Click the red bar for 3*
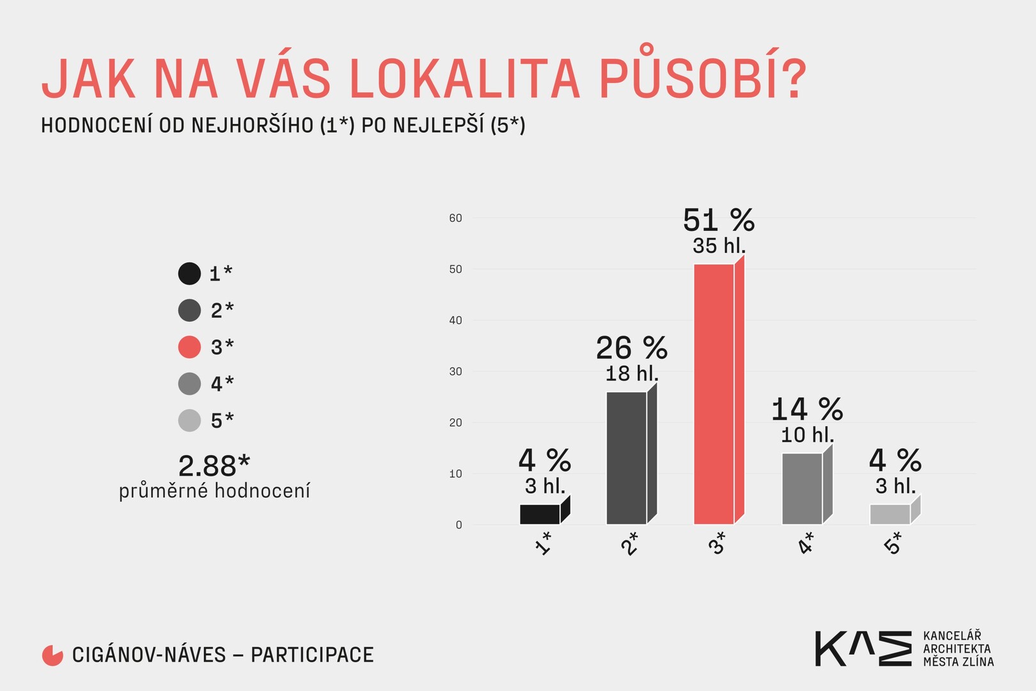pos(714,393)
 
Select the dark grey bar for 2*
pos(627,457)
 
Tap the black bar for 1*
pos(540,514)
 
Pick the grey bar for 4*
pos(802,488)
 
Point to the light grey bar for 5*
pos(890,514)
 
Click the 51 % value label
pos(719,221)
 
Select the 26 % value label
pos(632,349)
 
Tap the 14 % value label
pos(807,410)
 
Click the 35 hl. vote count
pos(719,246)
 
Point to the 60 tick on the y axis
pos(455,218)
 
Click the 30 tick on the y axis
pos(455,372)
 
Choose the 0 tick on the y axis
pos(459,525)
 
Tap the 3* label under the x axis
pos(718,543)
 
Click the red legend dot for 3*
pos(189,347)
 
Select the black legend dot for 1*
pos(189,273)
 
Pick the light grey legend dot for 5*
pos(189,420)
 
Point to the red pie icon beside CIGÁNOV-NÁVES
pos(52,655)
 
